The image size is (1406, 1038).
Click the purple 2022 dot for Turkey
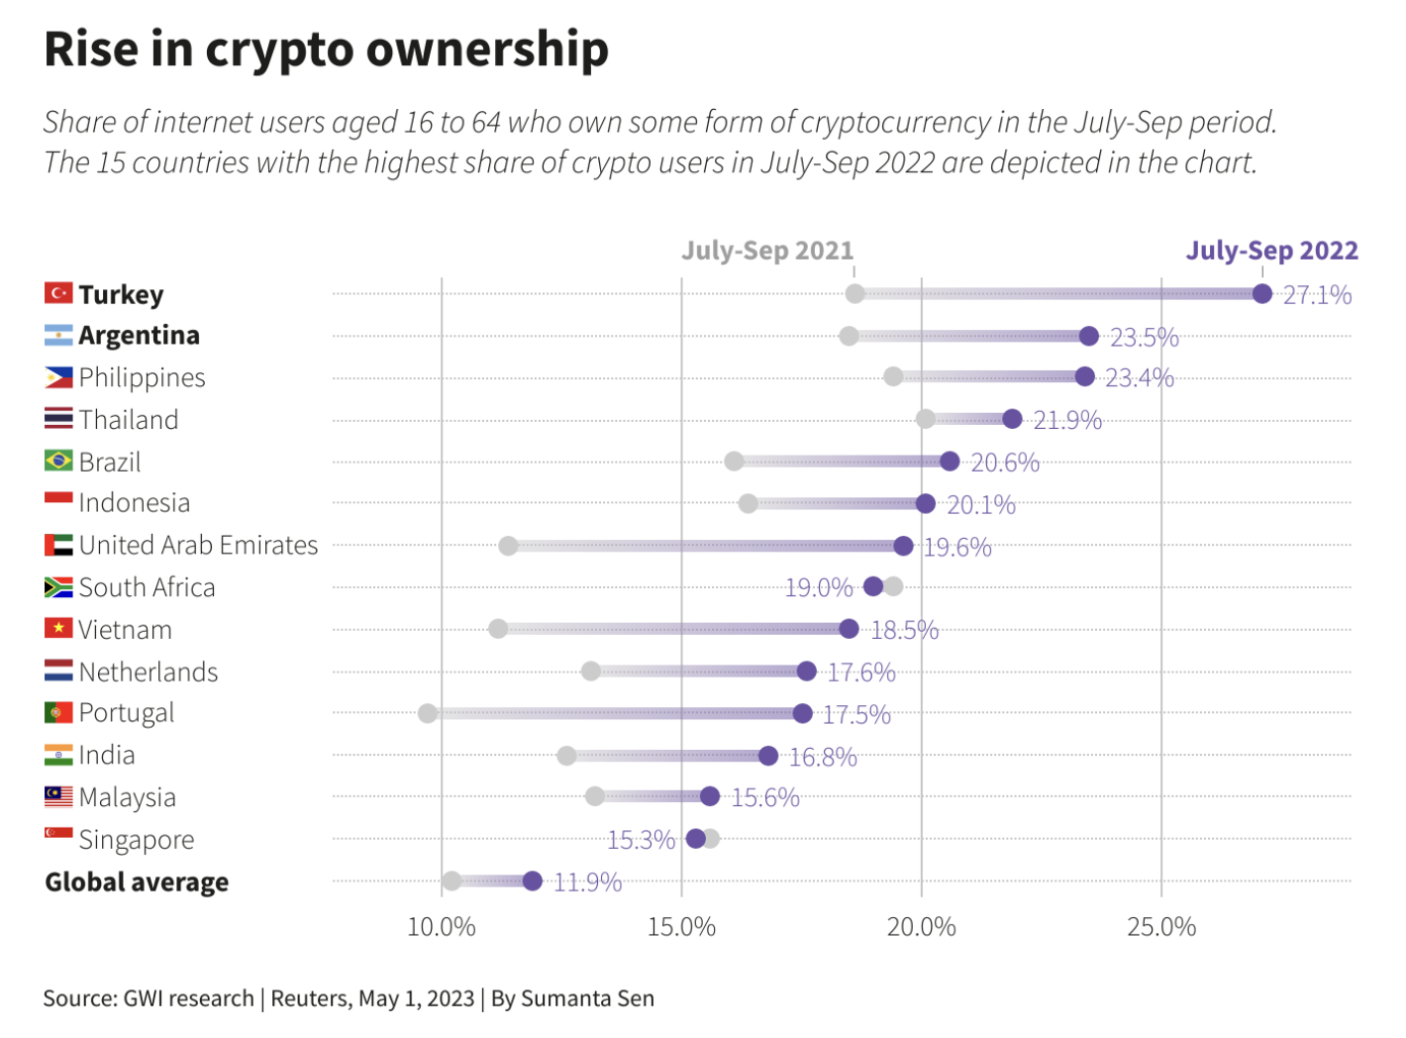point(1261,293)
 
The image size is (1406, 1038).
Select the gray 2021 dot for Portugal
point(428,713)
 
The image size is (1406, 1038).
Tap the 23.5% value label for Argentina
point(1144,338)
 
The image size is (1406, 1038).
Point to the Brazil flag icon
point(58,461)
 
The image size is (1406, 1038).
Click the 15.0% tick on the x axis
point(681,927)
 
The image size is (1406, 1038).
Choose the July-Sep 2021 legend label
point(766,251)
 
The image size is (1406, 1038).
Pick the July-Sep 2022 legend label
point(1271,251)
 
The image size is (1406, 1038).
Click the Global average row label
point(137,882)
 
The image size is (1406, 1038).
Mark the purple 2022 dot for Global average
point(533,882)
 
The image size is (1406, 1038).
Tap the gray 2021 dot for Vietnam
point(498,629)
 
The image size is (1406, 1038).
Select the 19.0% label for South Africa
point(818,587)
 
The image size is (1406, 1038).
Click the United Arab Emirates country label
point(198,545)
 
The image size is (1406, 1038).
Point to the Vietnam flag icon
point(58,628)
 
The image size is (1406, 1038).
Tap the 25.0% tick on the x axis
point(1160,927)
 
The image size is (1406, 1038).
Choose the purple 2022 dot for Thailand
point(1012,419)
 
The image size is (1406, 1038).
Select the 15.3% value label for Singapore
point(641,840)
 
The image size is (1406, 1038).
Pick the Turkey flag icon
point(58,293)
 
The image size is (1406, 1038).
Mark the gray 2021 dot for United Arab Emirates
point(508,546)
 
